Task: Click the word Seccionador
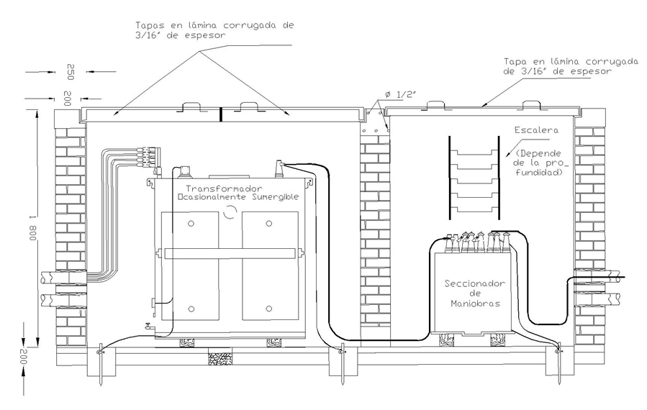point(474,284)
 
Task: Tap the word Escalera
point(536,130)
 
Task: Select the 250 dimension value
point(70,72)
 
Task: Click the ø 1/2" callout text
point(400,94)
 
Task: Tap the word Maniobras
point(475,304)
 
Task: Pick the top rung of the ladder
point(474,152)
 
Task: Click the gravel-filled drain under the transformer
point(220,358)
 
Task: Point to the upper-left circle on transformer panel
point(191,224)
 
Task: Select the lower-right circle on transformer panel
point(268,309)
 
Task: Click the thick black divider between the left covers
point(221,114)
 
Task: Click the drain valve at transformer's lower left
point(148,327)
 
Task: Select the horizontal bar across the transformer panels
point(230,253)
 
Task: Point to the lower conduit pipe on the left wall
point(63,300)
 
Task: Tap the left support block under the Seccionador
point(447,340)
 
